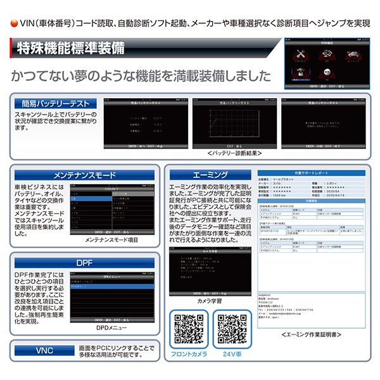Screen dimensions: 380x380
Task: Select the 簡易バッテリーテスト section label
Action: [56, 103]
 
